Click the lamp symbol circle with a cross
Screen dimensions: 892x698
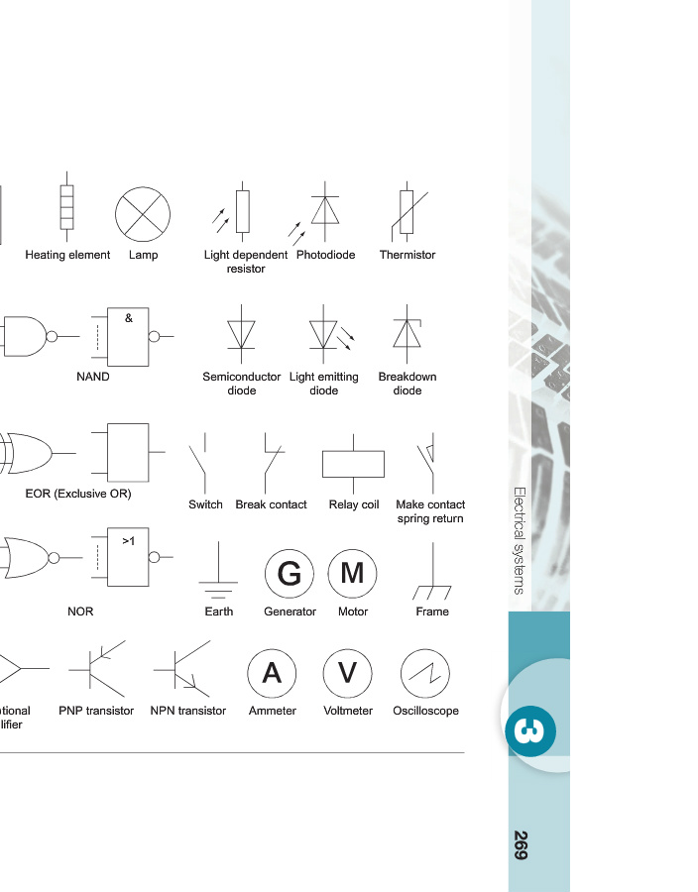pos(143,214)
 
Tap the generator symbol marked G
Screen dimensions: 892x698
pos(290,574)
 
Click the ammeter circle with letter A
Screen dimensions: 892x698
pos(272,674)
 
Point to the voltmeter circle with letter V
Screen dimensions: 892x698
pos(348,674)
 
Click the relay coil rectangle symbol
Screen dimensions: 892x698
pos(353,464)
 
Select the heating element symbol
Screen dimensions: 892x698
pos(67,210)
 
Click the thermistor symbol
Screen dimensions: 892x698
pos(407,211)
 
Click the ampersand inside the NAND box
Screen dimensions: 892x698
pos(129,318)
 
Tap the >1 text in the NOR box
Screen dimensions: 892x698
pos(129,541)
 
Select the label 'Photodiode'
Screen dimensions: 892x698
pos(325,255)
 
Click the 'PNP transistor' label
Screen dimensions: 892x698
pos(96,711)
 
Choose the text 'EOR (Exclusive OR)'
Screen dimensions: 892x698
pos(78,493)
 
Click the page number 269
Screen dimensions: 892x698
pos(521,844)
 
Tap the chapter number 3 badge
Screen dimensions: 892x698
pos(530,731)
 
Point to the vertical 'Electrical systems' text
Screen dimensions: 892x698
pos(519,540)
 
